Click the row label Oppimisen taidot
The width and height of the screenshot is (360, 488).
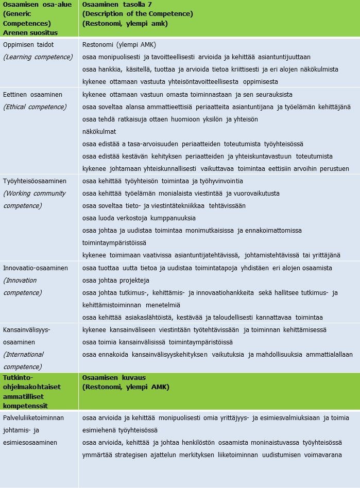(28, 45)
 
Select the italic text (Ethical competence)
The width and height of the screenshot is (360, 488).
(35, 107)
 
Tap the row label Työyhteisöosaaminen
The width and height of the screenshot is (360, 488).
(35, 181)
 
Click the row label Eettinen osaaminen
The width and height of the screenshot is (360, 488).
(32, 95)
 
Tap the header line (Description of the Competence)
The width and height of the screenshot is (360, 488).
(138, 14)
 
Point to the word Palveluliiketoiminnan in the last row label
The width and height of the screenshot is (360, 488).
(33, 418)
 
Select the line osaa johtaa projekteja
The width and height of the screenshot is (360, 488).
(116, 281)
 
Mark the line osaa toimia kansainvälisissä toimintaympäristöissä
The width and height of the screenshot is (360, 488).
(158, 342)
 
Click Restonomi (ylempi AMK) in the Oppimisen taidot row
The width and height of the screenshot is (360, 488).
(119, 45)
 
